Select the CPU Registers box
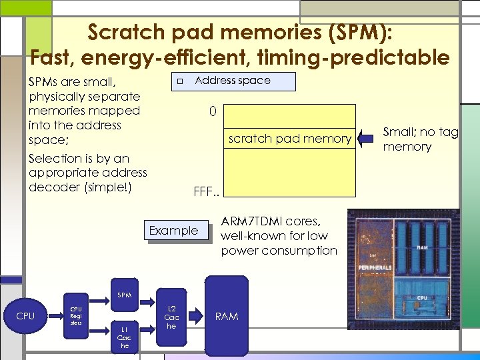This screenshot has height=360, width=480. tap(77, 313)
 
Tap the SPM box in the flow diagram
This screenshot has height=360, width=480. tap(124, 295)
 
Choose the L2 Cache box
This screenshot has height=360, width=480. tap(171, 317)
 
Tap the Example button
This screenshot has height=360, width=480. tap(173, 231)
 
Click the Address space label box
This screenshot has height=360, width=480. tap(233, 81)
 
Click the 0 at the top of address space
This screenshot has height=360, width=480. tap(212, 111)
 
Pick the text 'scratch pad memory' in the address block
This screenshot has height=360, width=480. tap(289, 139)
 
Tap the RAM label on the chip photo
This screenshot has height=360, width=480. tap(422, 246)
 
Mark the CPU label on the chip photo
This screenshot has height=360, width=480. tap(422, 298)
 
